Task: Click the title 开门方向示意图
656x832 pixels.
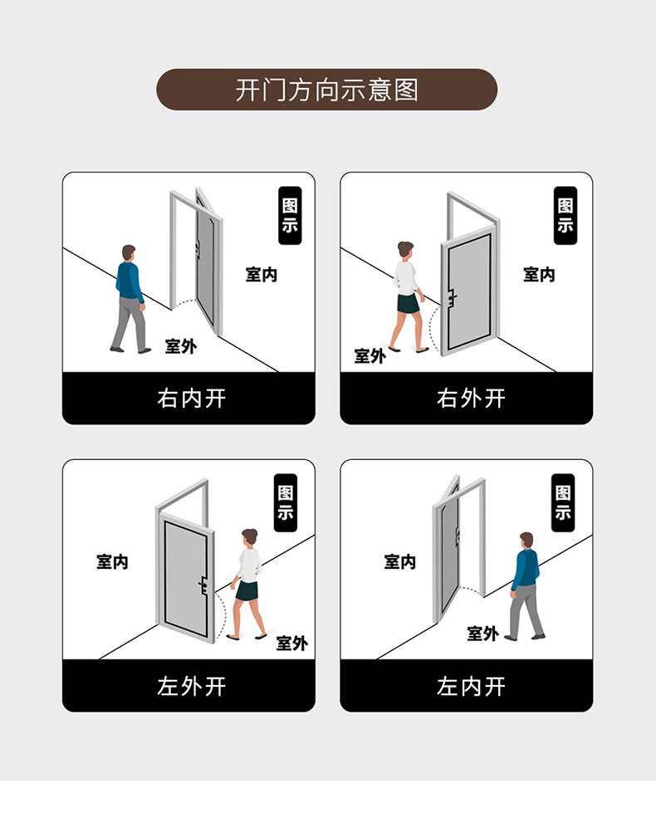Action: click(x=327, y=90)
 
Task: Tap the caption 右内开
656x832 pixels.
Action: click(x=192, y=398)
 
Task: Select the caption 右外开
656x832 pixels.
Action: click(x=471, y=398)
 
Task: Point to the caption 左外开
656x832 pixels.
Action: click(x=192, y=686)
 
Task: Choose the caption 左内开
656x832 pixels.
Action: click(x=471, y=686)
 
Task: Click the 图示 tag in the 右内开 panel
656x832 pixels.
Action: click(x=290, y=215)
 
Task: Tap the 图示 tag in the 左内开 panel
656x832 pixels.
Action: click(x=563, y=503)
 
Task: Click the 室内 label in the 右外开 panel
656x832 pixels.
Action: click(x=539, y=274)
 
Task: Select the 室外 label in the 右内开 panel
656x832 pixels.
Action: click(x=180, y=346)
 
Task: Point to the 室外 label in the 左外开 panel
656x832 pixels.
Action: click(x=292, y=644)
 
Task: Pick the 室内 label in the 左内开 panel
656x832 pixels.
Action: click(x=399, y=561)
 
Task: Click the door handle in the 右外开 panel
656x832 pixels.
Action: click(x=452, y=298)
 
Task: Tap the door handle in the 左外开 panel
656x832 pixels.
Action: click(x=203, y=585)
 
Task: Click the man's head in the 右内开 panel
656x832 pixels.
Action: click(x=129, y=252)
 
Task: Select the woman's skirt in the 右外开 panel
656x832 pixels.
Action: click(x=409, y=304)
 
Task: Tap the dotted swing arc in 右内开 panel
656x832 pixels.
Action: click(x=184, y=302)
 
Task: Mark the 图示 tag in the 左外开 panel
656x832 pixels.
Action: click(x=286, y=503)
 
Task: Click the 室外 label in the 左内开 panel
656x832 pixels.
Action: click(x=482, y=633)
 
